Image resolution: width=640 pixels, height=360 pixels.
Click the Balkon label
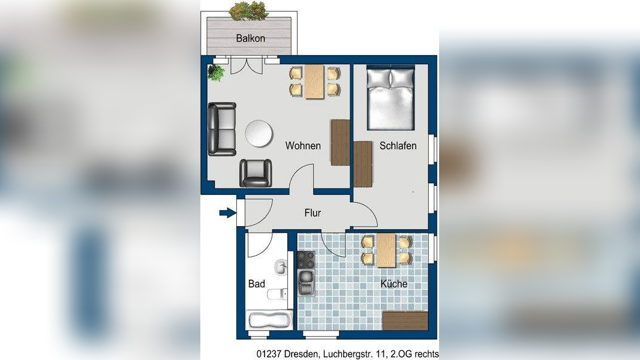tap(251, 38)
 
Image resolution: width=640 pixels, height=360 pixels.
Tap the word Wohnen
tap(303, 146)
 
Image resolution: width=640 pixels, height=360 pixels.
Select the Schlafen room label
tap(398, 146)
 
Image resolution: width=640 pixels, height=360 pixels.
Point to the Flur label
tap(313, 212)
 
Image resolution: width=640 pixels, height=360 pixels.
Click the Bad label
tap(257, 284)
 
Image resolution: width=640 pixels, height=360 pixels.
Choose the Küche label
tap(394, 284)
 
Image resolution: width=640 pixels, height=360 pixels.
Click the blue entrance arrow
tap(227, 212)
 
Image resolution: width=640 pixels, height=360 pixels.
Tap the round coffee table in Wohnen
tap(259, 133)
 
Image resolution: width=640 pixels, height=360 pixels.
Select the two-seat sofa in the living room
tap(222, 129)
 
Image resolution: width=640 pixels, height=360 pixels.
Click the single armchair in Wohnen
tap(256, 173)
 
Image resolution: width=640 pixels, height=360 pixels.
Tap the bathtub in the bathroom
tap(270, 320)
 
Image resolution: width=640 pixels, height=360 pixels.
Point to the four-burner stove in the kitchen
tap(306, 260)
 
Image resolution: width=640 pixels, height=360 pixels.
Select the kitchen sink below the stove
tap(306, 283)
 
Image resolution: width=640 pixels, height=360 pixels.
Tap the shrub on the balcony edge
tap(248, 11)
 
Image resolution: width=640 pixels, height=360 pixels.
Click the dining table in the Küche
tap(386, 250)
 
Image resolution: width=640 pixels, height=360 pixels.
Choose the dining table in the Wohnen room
tap(314, 82)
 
